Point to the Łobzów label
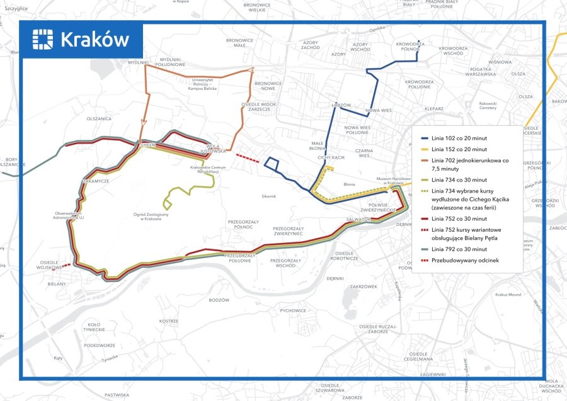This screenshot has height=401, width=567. [x=340, y=105]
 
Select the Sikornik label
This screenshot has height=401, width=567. [x=269, y=196]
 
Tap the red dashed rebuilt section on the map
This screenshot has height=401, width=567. [x=247, y=158]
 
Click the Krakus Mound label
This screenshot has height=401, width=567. [x=508, y=295]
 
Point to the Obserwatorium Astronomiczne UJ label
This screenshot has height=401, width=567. [x=69, y=215]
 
